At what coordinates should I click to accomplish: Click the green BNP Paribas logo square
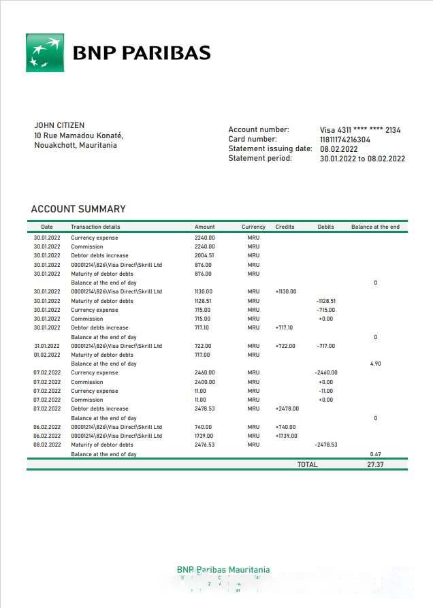pos(45,52)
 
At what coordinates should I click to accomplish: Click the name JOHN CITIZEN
pos(59,125)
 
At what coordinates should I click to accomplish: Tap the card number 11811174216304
pos(345,140)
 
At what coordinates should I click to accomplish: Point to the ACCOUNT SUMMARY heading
pos(78,209)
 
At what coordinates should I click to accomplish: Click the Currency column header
pos(253,227)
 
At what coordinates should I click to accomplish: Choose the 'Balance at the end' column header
pos(375,227)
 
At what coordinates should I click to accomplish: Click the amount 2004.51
pos(204,256)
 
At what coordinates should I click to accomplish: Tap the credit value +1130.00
pos(286,291)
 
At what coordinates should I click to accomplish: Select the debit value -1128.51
pos(325,301)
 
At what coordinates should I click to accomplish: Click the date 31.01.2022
pos(47,346)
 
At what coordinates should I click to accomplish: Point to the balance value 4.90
pos(375,364)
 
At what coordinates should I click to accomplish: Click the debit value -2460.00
pos(325,373)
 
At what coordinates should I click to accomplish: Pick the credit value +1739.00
pos(286,436)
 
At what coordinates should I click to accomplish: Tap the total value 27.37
pos(375,464)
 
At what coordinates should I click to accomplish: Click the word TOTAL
pos(307,464)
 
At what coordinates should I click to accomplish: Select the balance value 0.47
pos(375,454)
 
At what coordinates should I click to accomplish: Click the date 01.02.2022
pos(47,355)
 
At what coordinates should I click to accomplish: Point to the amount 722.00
pos(203,346)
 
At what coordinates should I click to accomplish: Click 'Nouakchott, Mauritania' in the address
pos(75,145)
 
